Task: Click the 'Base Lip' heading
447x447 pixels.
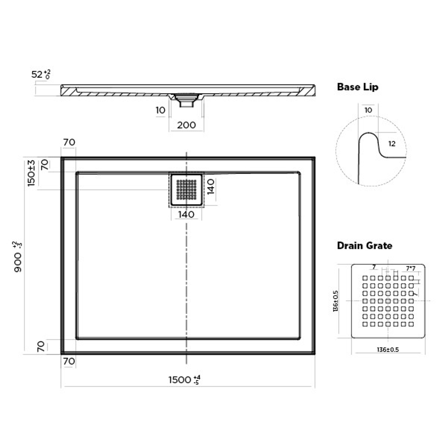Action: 358,87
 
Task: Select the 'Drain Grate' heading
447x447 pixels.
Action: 364,245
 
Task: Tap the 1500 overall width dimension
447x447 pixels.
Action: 184,380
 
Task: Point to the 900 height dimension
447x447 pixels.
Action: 18,257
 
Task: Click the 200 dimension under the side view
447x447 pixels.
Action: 186,125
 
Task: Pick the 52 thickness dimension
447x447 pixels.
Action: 41,74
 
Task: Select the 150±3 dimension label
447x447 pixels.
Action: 31,173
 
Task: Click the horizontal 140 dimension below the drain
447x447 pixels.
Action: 186,214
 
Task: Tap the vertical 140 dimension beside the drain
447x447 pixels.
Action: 211,187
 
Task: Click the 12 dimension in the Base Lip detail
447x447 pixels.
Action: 392,144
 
